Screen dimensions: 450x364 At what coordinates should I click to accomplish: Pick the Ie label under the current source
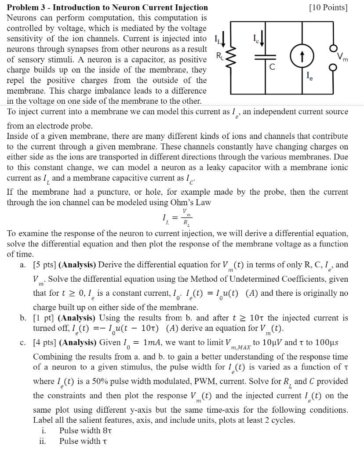311,76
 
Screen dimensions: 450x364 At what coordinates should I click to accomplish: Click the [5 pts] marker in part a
45,265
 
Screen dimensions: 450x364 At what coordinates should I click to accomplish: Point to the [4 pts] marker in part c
45,342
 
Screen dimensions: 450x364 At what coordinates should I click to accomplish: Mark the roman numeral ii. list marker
42,441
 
